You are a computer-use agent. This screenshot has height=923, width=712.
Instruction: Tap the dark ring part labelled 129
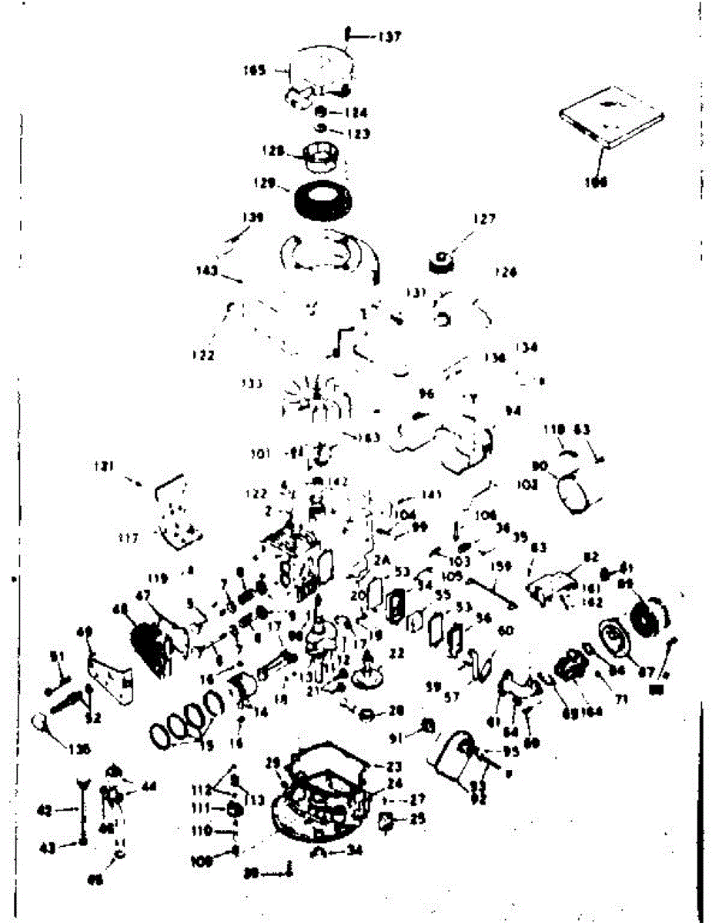click(x=323, y=199)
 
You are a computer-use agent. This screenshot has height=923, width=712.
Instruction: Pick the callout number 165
click(x=254, y=70)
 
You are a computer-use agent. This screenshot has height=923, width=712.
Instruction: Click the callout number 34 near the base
click(x=354, y=850)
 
